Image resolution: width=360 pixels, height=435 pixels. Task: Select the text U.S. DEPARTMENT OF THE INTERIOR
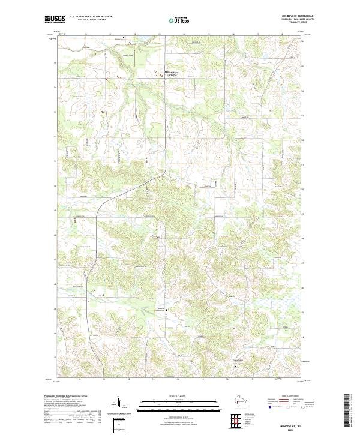click(x=90, y=17)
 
